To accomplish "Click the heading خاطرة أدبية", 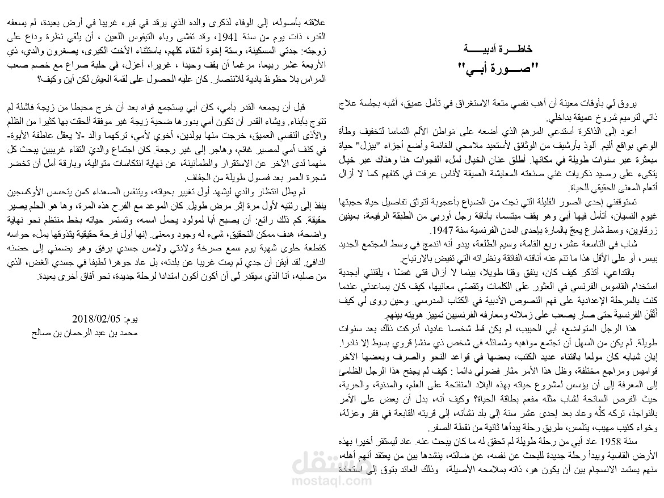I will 497,49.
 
